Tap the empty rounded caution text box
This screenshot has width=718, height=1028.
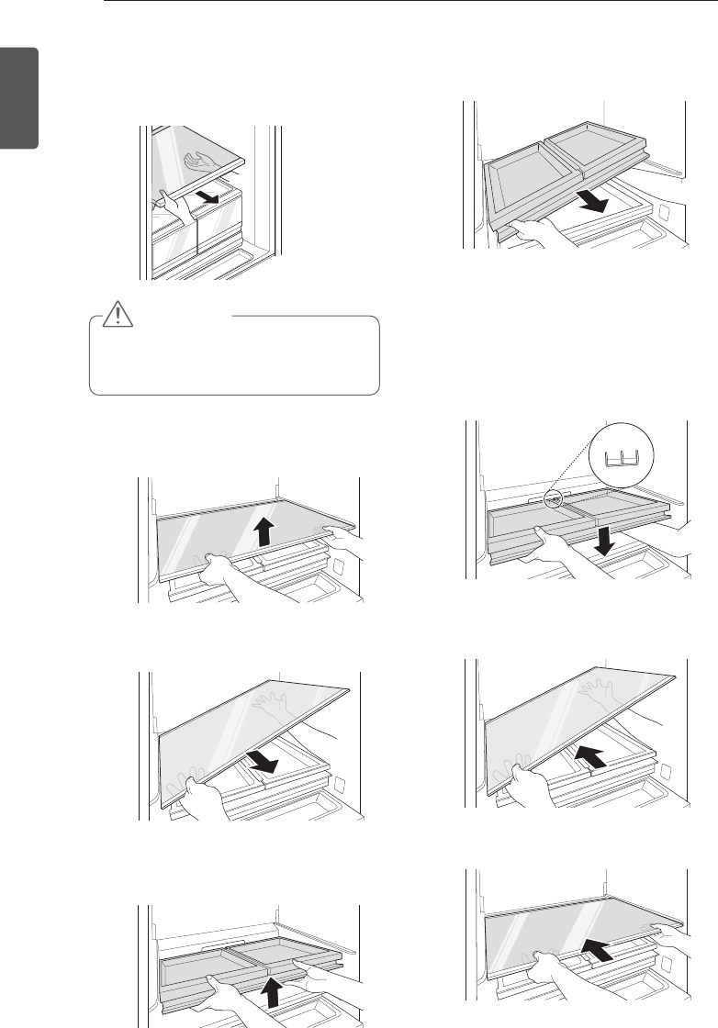tap(234, 356)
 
